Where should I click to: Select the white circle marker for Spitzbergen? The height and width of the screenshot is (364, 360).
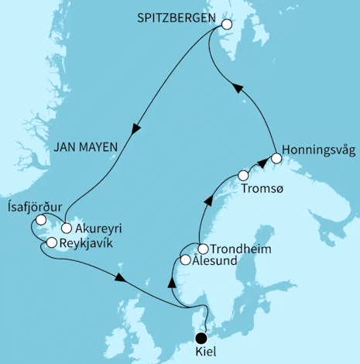(x=226, y=24)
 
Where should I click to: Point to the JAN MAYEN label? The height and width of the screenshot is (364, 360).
(x=100, y=143)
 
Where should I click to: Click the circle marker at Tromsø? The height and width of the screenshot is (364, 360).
(x=243, y=174)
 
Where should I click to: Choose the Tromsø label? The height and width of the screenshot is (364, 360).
(x=259, y=188)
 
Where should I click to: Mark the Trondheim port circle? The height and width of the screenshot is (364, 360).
(x=203, y=249)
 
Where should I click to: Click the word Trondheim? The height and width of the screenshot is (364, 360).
(x=240, y=249)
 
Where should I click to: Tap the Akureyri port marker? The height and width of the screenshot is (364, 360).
(x=67, y=228)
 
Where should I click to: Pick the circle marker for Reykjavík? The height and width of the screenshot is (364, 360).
(x=51, y=242)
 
